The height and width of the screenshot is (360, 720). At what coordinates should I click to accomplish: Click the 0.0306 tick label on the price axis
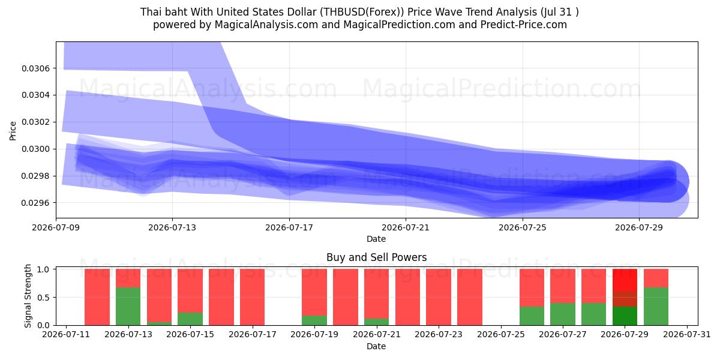click(35, 68)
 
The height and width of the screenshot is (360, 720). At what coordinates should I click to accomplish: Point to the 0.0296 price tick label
click(35, 203)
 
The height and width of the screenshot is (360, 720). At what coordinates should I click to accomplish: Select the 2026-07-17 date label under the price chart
click(289, 227)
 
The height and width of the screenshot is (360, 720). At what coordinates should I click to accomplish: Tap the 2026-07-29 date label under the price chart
click(639, 227)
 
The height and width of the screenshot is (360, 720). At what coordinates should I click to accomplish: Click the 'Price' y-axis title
click(13, 131)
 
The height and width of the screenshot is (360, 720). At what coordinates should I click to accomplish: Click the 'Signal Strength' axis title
click(28, 296)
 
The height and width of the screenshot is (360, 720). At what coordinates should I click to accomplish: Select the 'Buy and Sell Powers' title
click(376, 257)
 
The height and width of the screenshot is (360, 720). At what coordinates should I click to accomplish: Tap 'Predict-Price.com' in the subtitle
click(524, 25)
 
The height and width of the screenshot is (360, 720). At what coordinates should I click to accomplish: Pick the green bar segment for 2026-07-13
click(128, 307)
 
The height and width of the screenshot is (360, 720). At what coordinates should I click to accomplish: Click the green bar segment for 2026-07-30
click(656, 307)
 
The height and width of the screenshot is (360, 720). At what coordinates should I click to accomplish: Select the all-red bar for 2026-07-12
click(97, 297)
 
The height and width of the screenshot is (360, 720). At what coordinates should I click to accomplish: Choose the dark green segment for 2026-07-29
click(625, 316)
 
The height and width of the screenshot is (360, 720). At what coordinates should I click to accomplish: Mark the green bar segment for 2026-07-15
click(190, 319)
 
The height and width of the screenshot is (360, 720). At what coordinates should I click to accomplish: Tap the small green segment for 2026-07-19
click(314, 320)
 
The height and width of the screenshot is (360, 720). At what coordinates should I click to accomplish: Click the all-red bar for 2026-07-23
click(439, 297)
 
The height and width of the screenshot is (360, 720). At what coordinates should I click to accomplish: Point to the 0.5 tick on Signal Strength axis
click(43, 298)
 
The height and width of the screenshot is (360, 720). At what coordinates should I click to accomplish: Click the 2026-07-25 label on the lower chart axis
click(501, 335)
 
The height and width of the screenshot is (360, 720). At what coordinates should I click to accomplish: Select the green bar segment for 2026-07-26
click(532, 316)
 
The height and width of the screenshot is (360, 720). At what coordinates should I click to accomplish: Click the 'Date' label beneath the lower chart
click(376, 346)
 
